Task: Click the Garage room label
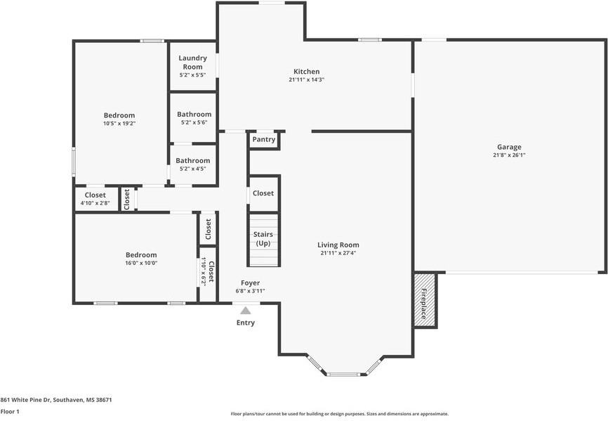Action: pyautogui.click(x=509, y=147)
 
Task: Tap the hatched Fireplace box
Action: pyautogui.click(x=425, y=300)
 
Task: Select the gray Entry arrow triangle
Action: pyautogui.click(x=245, y=311)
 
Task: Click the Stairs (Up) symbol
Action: pyautogui.click(x=263, y=240)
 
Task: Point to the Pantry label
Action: pyautogui.click(x=264, y=139)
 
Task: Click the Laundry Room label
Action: pyautogui.click(x=192, y=63)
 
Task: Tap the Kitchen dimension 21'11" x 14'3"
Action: pyautogui.click(x=306, y=80)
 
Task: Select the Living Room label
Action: pyautogui.click(x=338, y=245)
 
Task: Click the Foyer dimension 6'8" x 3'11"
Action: pyautogui.click(x=250, y=291)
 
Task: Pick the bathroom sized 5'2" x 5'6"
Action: pyautogui.click(x=194, y=114)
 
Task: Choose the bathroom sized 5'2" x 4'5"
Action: pyautogui.click(x=192, y=160)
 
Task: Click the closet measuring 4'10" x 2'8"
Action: pyautogui.click(x=95, y=195)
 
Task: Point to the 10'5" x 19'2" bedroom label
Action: pyautogui.click(x=119, y=115)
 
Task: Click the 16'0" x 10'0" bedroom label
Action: pyautogui.click(x=141, y=255)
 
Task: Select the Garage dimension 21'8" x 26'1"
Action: pyautogui.click(x=509, y=155)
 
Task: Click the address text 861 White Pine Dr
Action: pyautogui.click(x=25, y=400)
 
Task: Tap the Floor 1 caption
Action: pyautogui.click(x=10, y=411)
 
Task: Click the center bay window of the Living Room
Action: pyautogui.click(x=343, y=375)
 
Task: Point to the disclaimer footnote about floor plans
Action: pyautogui.click(x=340, y=414)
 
